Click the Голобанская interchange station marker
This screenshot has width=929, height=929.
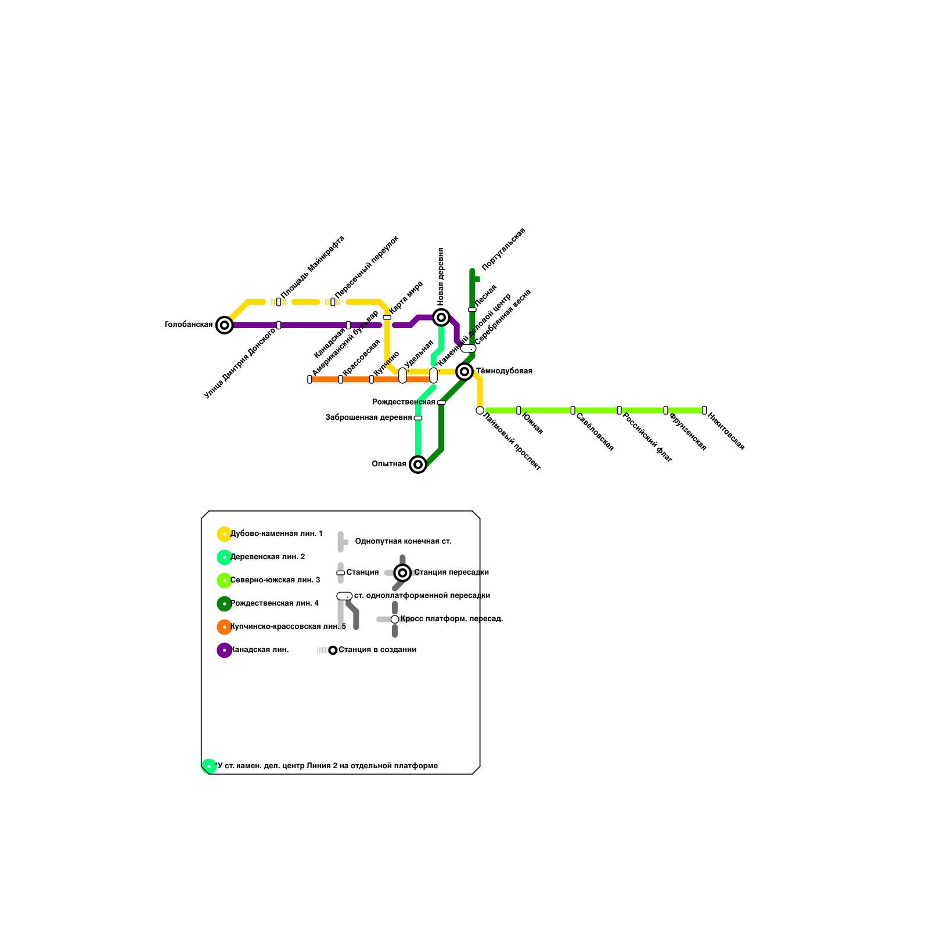[224, 325]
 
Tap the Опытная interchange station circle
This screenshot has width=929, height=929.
[418, 464]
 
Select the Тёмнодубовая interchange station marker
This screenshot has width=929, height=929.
[464, 372]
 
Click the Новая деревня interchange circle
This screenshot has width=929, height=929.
[441, 318]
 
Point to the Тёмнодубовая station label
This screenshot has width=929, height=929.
[504, 372]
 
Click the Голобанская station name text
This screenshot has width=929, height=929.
[189, 325]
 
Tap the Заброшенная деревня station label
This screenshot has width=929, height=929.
[369, 417]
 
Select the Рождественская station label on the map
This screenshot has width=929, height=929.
[403, 402]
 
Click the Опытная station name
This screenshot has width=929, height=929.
[389, 464]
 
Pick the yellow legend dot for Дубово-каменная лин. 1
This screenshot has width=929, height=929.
[224, 534]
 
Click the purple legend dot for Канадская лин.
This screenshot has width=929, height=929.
[224, 650]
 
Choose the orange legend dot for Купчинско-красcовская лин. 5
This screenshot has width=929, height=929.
[224, 627]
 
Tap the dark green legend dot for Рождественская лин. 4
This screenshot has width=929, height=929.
[224, 604]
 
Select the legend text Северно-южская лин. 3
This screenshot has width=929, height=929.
[275, 581]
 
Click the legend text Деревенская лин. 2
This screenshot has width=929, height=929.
[268, 557]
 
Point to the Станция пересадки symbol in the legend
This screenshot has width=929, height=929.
[402, 573]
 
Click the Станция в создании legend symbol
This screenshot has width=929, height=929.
[333, 650]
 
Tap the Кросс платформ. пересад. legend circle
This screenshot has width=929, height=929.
[395, 620]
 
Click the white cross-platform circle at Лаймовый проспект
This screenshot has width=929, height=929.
[480, 411]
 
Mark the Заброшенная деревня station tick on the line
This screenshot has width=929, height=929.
[418, 418]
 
